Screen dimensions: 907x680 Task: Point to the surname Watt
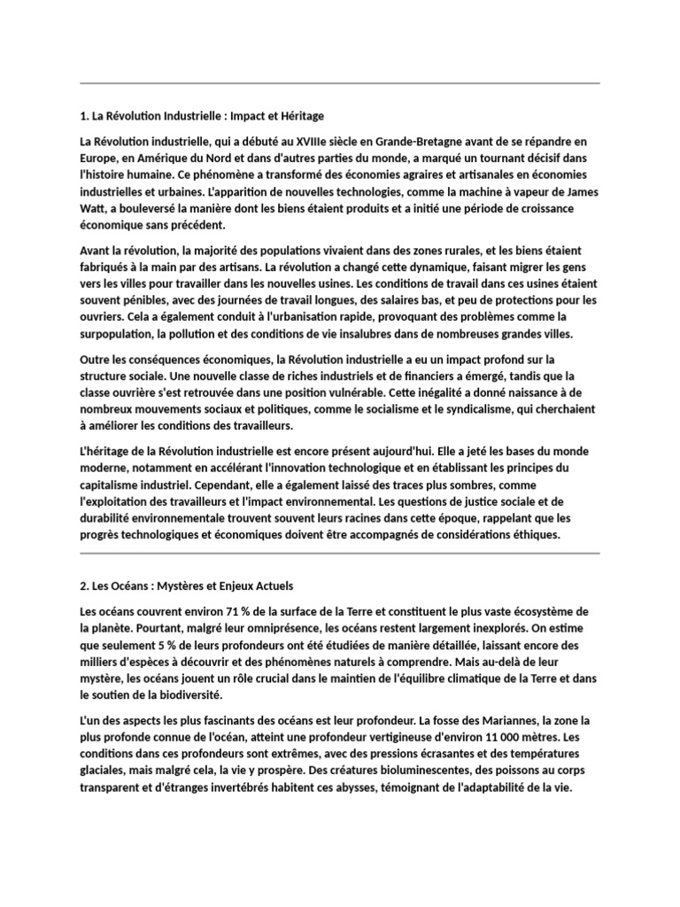point(95,207)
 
